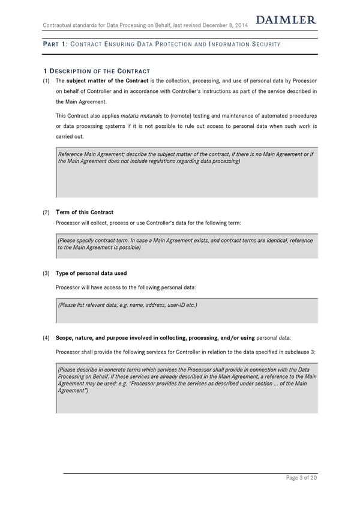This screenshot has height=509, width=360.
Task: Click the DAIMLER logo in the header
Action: [286, 20]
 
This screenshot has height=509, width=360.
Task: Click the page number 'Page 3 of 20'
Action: [302, 477]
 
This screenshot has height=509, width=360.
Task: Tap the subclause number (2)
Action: [46, 212]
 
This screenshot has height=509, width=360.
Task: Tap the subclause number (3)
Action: [46, 274]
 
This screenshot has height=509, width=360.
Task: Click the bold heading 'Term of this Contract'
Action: [84, 212]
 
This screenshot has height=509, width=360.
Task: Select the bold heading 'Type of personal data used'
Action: [91, 274]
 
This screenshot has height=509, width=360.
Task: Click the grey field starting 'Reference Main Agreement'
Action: [186, 174]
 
